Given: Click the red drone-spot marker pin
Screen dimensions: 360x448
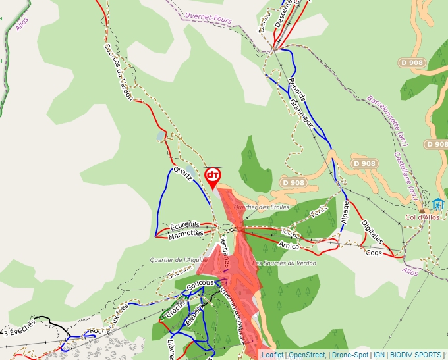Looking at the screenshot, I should tap(213, 176).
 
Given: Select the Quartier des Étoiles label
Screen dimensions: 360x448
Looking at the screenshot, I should tap(262, 207).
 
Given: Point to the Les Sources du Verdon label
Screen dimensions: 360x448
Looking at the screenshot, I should tap(284, 263).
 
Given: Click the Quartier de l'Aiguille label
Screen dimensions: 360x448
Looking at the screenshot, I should tap(178, 260).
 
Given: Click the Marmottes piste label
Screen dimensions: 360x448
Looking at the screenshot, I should tap(186, 234).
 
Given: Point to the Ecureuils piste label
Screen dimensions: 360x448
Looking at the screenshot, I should tap(185, 225).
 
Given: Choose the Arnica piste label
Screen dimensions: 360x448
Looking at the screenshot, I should tap(289, 246).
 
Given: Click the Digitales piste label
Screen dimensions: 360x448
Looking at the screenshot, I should tap(372, 232).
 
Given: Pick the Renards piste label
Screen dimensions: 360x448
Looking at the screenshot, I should tap(297, 90).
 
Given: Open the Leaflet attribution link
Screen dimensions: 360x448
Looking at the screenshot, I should tap(271, 355).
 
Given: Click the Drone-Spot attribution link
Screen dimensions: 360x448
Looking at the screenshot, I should tap(349, 355).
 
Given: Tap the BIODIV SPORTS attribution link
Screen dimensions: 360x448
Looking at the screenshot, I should tap(414, 355).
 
